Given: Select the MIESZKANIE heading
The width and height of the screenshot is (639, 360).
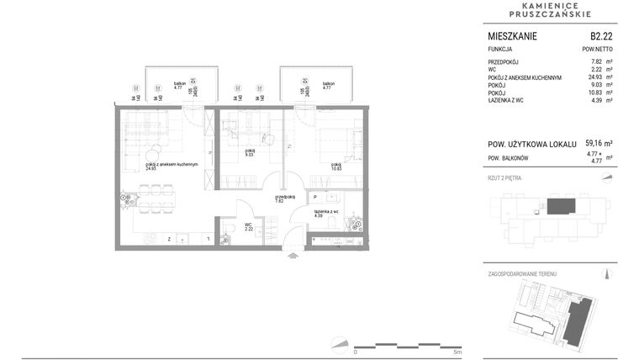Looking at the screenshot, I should coord(512,36).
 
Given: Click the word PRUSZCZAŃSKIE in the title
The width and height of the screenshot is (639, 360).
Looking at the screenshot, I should coord(550,13).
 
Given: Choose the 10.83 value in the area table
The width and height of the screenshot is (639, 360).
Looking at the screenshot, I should coord(594,93).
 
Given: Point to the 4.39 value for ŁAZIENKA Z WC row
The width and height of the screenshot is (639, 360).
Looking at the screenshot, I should coord(596,100).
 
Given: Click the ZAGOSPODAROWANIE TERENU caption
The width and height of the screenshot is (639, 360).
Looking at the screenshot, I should coord(522,274).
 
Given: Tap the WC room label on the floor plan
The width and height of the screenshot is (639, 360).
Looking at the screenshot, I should coord(250,225).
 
